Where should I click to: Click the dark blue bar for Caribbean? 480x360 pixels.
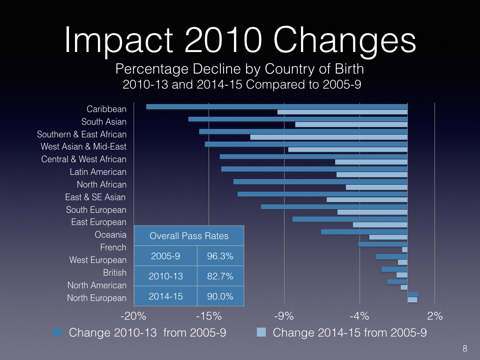click(277, 106)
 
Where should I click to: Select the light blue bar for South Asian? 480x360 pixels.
click(351, 124)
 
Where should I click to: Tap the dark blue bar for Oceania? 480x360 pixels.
click(364, 232)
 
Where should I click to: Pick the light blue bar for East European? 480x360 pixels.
click(380, 225)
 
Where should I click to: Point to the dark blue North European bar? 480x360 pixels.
click(413, 294)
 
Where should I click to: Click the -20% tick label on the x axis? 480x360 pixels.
click(134, 315)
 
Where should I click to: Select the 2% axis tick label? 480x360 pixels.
click(435, 315)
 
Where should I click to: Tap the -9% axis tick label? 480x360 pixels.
click(284, 315)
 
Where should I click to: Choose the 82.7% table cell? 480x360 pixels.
click(220, 276)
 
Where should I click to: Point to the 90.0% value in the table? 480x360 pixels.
click(220, 296)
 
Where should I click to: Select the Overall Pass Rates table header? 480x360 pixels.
click(189, 236)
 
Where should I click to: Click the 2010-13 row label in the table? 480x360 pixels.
click(165, 276)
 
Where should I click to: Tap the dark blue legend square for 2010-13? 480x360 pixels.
click(58, 333)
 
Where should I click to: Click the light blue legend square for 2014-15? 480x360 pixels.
click(262, 333)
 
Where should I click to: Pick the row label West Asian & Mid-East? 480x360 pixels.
click(83, 147)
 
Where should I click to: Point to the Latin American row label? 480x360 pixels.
click(98, 172)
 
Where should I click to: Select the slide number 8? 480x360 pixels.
click(465, 348)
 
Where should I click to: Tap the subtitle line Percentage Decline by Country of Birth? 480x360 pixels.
click(240, 69)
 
